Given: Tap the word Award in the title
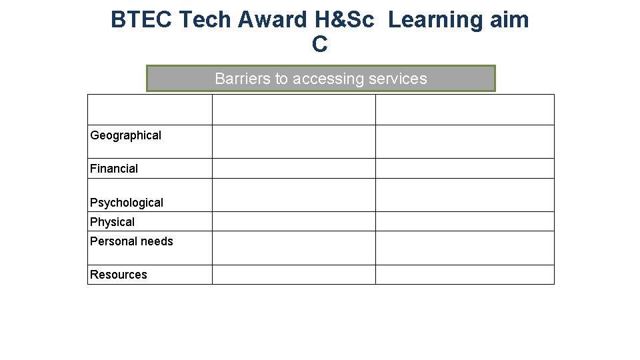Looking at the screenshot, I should (x=271, y=20).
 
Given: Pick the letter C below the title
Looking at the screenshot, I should (x=320, y=45).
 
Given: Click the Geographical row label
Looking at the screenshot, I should (x=126, y=135).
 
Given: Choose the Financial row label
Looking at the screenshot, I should (x=114, y=169).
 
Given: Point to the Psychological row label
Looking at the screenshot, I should (x=127, y=203).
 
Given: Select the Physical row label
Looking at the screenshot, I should (x=112, y=222).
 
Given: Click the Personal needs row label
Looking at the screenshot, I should (x=131, y=241).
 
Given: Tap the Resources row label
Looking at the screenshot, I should (x=119, y=275).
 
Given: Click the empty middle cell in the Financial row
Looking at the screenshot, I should (x=293, y=168).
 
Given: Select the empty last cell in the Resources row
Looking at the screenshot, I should (x=465, y=275).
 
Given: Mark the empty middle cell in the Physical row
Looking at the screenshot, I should (x=293, y=221).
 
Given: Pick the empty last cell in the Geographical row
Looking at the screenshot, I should (x=465, y=141).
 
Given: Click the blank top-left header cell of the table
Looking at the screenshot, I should (x=150, y=109).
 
